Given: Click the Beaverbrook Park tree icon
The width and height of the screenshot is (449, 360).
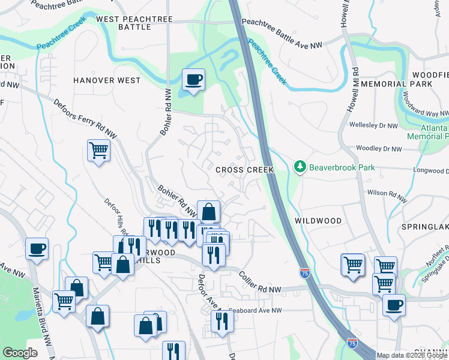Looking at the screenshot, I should [x=300, y=166].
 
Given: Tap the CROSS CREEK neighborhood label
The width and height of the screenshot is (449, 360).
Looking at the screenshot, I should [x=245, y=170].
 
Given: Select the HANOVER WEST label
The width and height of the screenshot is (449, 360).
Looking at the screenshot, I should [x=107, y=80].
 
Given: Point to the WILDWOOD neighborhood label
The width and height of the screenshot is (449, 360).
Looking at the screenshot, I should [x=318, y=221].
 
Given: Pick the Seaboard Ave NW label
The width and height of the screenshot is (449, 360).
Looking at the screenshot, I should [x=256, y=310].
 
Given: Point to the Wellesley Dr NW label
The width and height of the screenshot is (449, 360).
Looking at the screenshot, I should [x=373, y=126].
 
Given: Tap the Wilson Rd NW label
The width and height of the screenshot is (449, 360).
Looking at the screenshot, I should [x=387, y=194].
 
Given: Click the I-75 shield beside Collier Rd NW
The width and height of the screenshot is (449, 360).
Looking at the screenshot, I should [x=305, y=272].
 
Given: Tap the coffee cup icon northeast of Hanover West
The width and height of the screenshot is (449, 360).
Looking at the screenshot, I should [x=193, y=79].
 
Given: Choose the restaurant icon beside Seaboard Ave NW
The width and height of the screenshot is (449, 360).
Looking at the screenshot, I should [x=222, y=321].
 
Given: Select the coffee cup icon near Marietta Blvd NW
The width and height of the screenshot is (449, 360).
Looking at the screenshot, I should [x=37, y=248].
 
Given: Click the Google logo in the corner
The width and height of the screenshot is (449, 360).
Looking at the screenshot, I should [x=20, y=353].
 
